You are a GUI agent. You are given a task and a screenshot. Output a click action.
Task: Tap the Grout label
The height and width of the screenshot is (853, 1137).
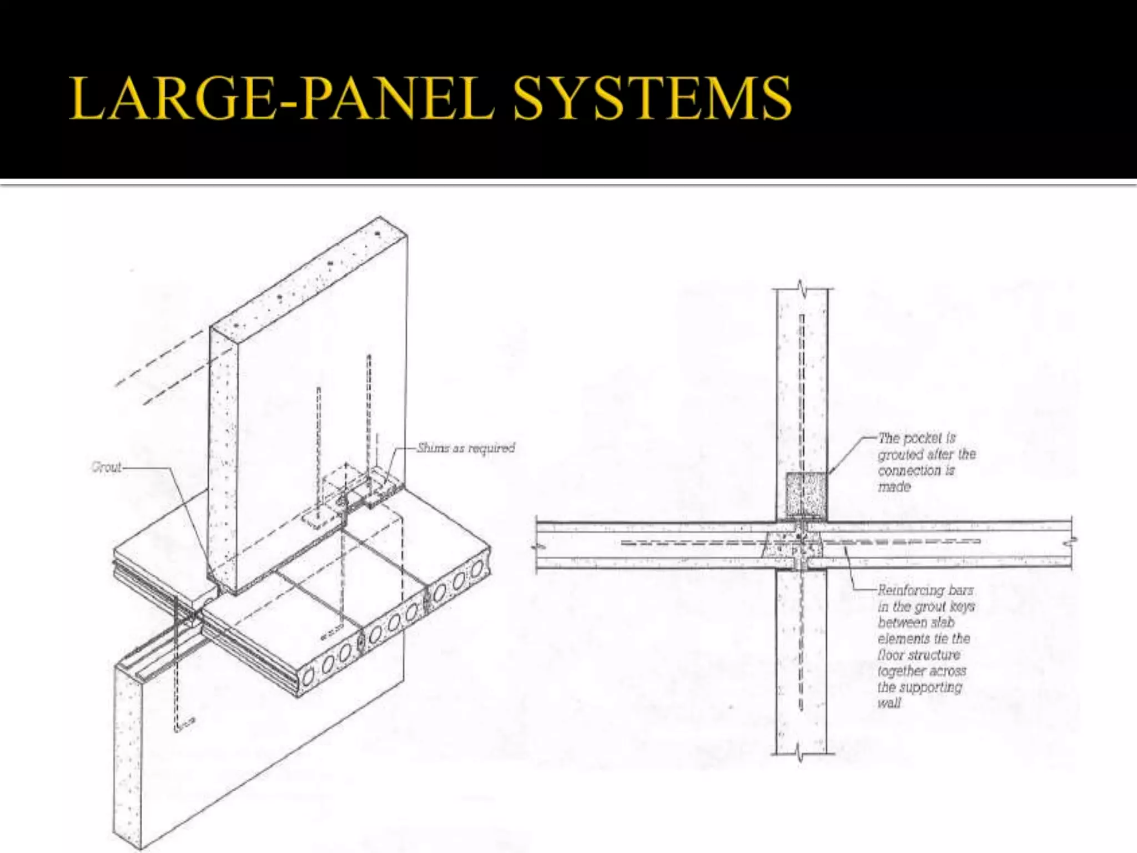[106, 467]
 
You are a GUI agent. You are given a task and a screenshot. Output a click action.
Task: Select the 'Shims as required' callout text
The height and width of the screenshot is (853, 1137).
[466, 448]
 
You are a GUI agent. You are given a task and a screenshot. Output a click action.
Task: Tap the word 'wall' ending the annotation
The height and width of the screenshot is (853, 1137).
[888, 703]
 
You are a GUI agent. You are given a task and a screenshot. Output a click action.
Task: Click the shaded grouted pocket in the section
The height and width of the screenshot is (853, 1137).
[806, 496]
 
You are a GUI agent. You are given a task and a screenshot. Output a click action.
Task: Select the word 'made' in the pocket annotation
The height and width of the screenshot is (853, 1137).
[894, 487]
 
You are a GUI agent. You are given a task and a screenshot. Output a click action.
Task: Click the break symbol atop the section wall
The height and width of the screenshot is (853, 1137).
[801, 288]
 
